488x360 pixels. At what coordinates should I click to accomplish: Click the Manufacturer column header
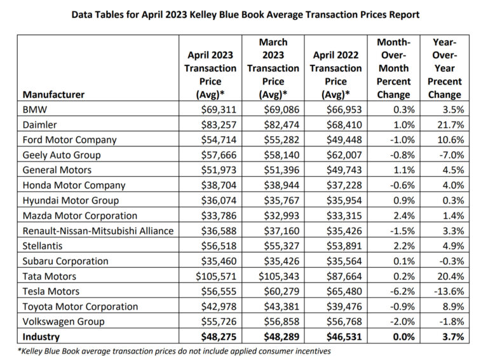click(x=53, y=95)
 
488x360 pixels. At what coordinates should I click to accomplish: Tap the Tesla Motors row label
click(x=51, y=291)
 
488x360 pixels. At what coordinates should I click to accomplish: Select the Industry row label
click(x=42, y=336)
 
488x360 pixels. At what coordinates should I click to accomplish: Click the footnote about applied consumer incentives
click(x=173, y=350)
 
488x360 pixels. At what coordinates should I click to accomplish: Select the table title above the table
click(x=245, y=13)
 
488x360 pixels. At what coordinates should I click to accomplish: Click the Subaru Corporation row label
click(x=65, y=261)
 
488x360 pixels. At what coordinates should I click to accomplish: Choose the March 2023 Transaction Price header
click(x=273, y=68)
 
